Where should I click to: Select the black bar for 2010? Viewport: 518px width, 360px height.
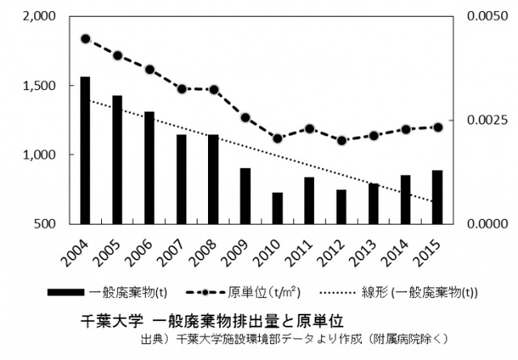[278, 208]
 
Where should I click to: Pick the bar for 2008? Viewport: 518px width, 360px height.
[214, 179]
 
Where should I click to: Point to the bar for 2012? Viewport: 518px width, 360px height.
[342, 206]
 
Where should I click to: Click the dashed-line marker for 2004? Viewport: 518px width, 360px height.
[85, 38]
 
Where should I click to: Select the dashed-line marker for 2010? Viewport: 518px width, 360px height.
[278, 138]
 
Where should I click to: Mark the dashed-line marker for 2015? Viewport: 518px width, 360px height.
[437, 127]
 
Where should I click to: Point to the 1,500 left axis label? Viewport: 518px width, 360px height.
[35, 86]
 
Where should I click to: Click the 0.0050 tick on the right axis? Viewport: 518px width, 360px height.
[489, 17]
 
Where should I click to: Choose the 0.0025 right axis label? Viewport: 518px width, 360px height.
[489, 121]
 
